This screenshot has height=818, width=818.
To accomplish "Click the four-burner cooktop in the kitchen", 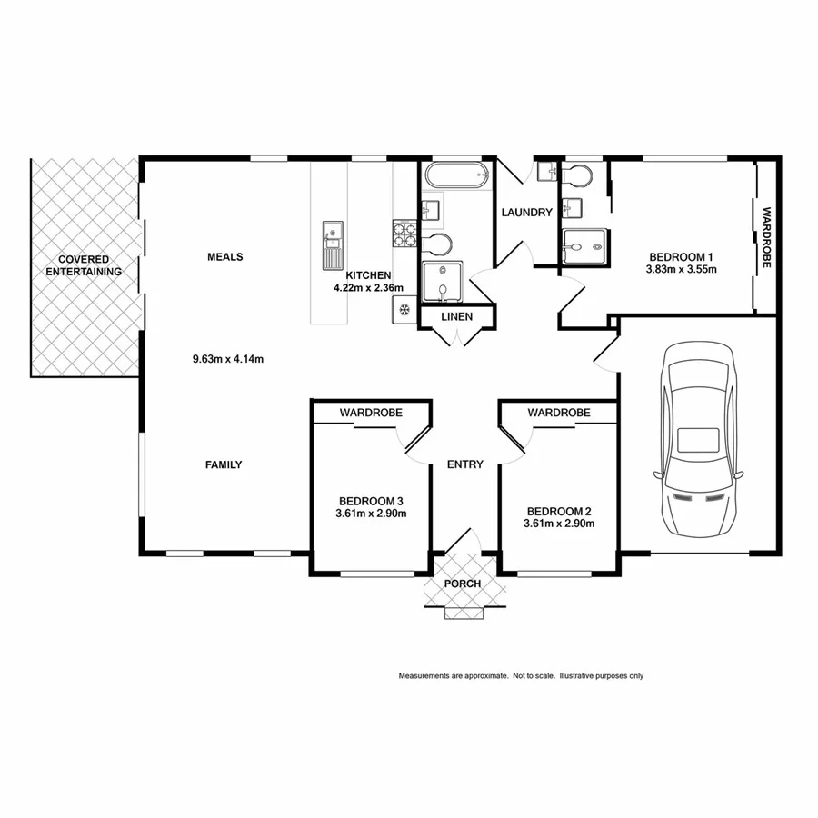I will (404, 234).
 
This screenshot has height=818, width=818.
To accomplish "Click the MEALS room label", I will (224, 256).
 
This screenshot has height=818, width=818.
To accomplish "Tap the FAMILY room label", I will (223, 464).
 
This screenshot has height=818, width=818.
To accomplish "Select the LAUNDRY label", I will (526, 213).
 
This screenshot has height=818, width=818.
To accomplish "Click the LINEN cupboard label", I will (456, 316).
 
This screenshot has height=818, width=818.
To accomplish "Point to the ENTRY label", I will (464, 464).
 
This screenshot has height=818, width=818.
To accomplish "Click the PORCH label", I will (462, 584).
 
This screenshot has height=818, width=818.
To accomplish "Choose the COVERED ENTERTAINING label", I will (84, 265).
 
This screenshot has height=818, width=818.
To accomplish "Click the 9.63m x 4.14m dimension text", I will (227, 359).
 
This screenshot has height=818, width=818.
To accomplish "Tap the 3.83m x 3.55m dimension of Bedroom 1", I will (681, 269).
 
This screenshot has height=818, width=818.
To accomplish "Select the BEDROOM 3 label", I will (370, 501).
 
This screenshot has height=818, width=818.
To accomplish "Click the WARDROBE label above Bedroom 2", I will (558, 413).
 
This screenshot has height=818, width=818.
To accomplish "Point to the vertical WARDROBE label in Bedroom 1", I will (766, 238).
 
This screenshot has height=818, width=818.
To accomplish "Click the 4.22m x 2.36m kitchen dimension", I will (368, 288).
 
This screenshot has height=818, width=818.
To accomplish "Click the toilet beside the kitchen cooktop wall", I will (439, 244).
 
